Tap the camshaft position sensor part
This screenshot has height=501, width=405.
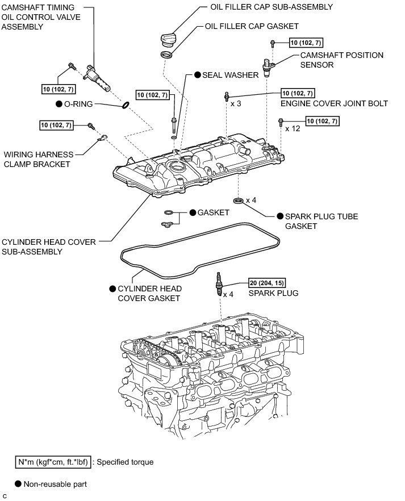coord(268,67)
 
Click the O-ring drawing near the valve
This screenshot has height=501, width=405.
coord(126,105)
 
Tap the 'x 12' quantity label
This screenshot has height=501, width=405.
coord(293,129)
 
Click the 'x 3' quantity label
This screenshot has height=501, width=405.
coord(235,103)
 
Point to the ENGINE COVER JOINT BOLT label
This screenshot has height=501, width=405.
coord(335,103)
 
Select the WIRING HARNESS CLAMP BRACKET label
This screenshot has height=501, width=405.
coord(38,159)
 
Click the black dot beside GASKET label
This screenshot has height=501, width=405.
coord(193,212)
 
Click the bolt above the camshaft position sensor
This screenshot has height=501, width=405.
coord(273,43)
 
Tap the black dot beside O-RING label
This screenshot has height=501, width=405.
coord(59,104)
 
